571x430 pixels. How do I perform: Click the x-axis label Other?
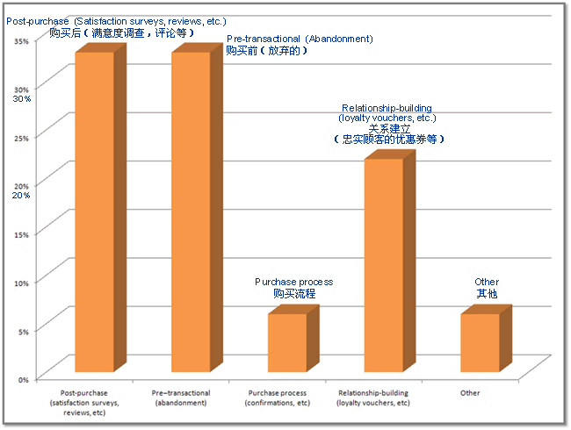470,393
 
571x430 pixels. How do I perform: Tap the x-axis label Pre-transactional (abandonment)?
181,398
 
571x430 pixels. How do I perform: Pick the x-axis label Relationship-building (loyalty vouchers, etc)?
373,398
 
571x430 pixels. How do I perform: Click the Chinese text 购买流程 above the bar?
294,294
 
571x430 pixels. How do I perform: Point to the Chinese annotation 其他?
487,294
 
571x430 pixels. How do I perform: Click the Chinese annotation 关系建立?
387,128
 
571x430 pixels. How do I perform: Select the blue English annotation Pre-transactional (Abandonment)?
300,39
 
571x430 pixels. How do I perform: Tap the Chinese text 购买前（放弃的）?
267,51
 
